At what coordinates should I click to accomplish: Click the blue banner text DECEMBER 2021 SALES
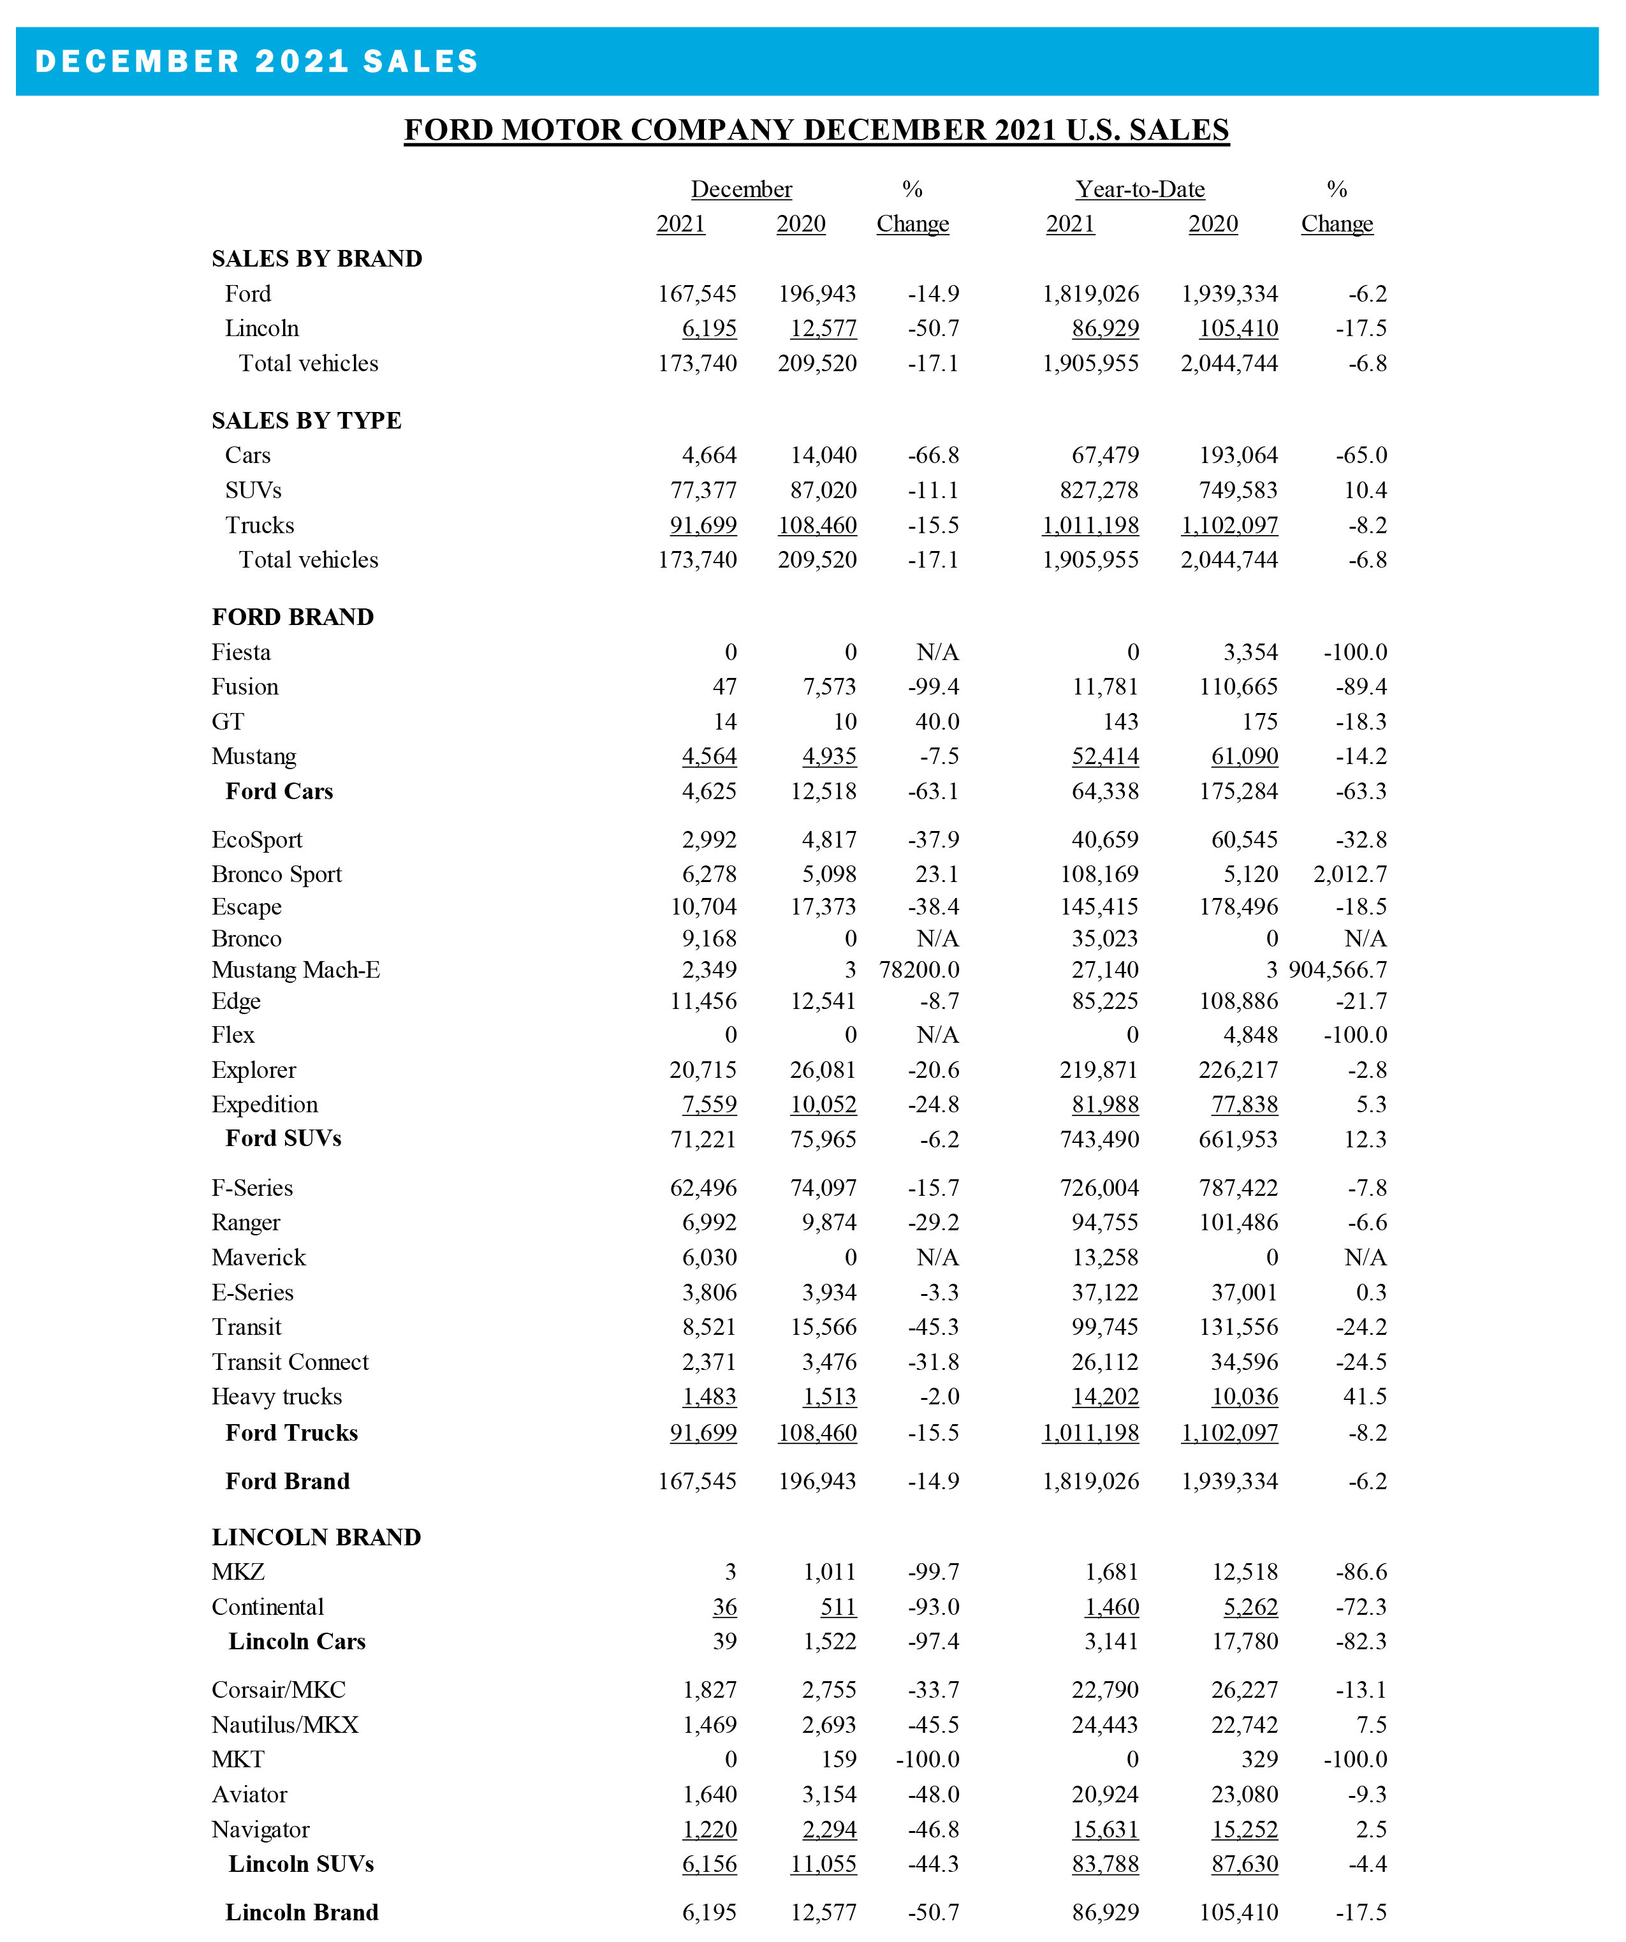click(256, 61)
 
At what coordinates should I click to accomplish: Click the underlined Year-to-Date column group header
click(1139, 189)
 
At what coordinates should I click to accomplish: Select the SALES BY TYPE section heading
click(306, 421)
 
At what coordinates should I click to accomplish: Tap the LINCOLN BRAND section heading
click(316, 1537)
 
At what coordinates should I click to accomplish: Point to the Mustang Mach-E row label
click(296, 970)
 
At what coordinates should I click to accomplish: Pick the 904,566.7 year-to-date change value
click(1338, 970)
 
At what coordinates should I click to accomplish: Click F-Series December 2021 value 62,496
click(703, 1188)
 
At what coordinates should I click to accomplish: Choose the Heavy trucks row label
click(276, 1397)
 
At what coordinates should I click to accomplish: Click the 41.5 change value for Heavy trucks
click(1365, 1397)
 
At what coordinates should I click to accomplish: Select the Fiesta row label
click(241, 653)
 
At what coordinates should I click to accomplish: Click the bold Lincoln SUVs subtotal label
click(302, 1864)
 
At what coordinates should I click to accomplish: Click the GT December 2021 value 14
click(725, 722)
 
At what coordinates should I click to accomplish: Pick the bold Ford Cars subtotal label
click(279, 791)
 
